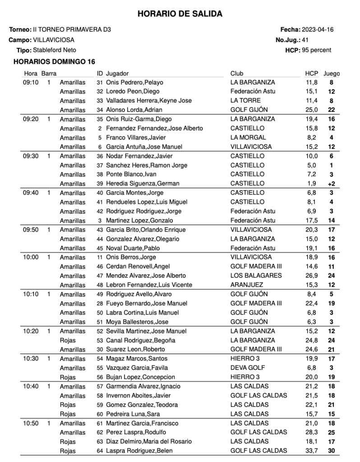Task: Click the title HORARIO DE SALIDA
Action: [180, 14]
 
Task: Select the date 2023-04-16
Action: [318, 30]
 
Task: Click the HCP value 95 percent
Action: [316, 50]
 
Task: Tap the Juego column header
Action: [332, 74]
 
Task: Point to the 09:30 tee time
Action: [30, 156]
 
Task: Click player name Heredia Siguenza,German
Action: [143, 183]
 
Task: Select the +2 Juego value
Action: [331, 184]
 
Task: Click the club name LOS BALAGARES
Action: [256, 275]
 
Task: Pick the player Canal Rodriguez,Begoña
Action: [140, 340]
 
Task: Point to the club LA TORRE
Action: [245, 100]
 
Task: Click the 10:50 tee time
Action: [30, 423]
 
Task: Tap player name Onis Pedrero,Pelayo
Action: [134, 82]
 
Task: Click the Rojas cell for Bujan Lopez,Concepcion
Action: [68, 377]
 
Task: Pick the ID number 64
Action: [100, 451]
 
